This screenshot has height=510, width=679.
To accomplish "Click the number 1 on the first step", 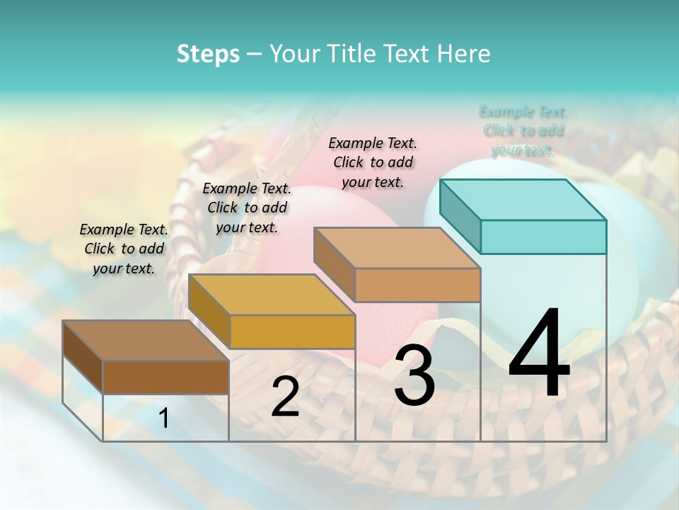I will [x=164, y=419].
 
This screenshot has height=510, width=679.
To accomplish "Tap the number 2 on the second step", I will [x=285, y=397].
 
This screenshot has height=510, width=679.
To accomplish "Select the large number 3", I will [x=414, y=376].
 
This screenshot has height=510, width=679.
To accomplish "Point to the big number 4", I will [x=540, y=353].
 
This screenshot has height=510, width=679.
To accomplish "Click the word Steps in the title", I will [x=208, y=54].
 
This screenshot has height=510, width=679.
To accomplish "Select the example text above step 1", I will [x=124, y=249].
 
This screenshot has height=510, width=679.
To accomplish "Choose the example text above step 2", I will [x=247, y=208].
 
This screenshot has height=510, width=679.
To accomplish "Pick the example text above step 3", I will [x=373, y=162].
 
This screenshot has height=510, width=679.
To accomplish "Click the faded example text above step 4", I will [x=523, y=131].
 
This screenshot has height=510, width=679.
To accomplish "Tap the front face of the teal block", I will [x=543, y=237].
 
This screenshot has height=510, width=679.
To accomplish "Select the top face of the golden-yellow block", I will [x=272, y=294].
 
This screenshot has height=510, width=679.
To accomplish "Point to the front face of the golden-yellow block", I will [x=292, y=331].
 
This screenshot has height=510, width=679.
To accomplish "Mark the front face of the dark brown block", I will [x=166, y=377].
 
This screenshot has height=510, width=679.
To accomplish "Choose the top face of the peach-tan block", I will [x=397, y=248].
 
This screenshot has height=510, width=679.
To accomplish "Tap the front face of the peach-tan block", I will [x=417, y=285].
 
